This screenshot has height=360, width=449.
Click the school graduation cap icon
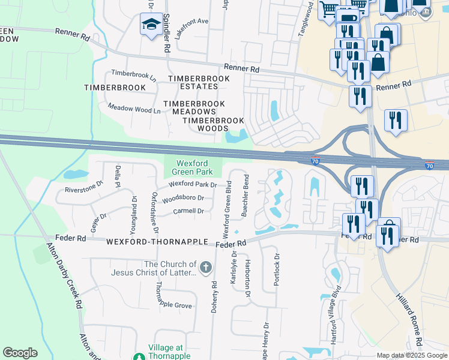click(148, 25)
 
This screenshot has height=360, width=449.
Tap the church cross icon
click(206, 267)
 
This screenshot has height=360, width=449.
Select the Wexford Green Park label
click(192, 167)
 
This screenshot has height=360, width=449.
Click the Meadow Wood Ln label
click(134, 109)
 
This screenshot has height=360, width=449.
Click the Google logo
click(20, 353)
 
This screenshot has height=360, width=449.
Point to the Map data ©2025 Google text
click(412, 355)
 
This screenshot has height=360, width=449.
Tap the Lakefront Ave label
click(191, 21)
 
